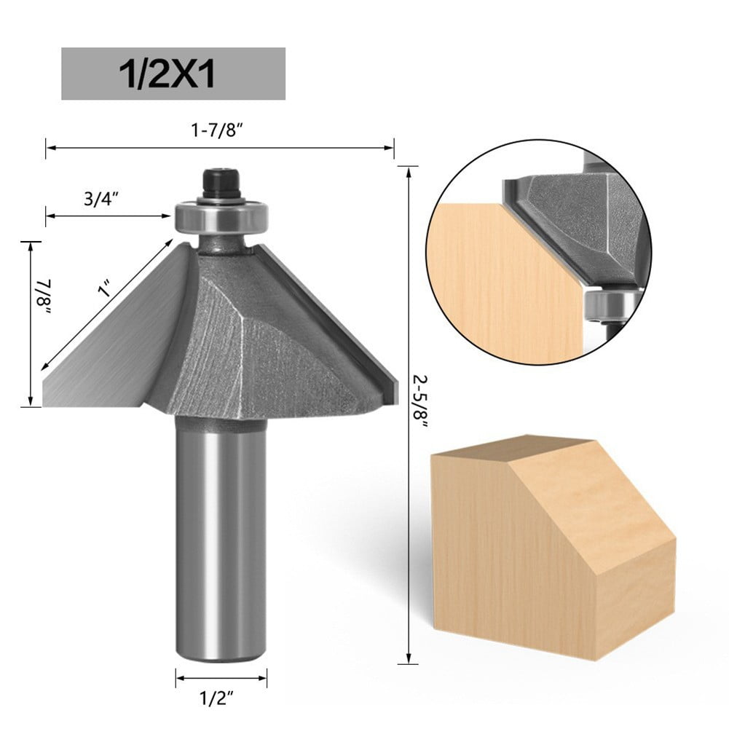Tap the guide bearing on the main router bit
[222, 217]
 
